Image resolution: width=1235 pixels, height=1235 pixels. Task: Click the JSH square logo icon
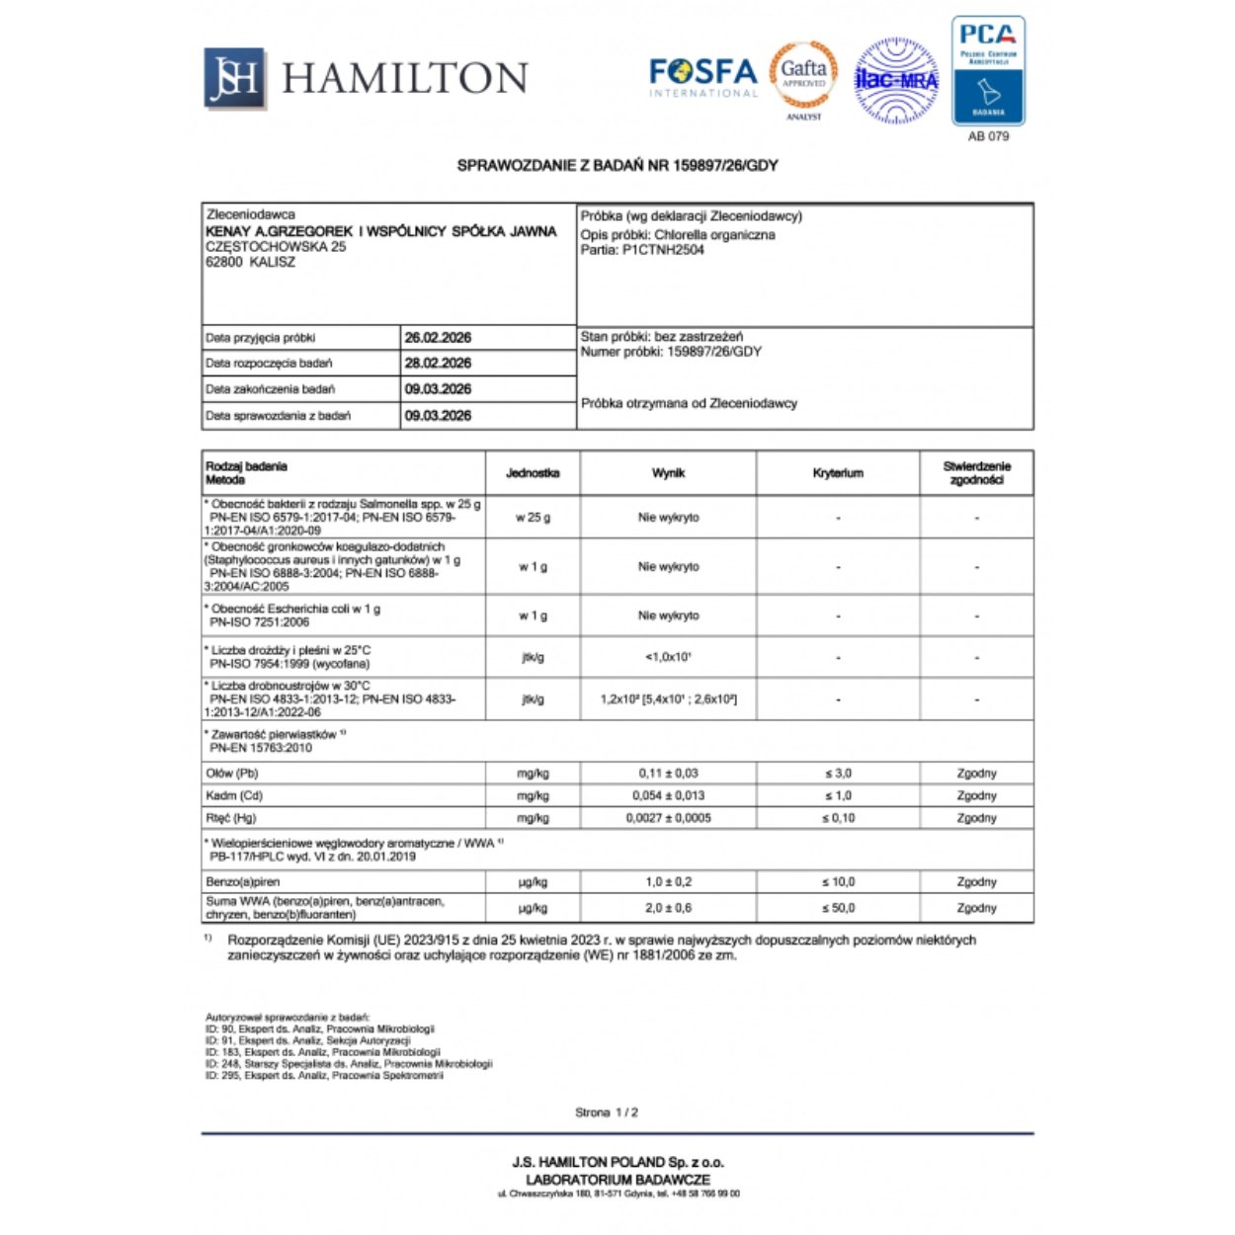pos(234,77)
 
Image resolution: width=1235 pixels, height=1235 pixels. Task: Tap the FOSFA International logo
pos(702,76)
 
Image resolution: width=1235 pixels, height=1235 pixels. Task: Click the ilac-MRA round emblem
pos(895,80)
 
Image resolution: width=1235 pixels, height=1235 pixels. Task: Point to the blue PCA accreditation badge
pos(988,71)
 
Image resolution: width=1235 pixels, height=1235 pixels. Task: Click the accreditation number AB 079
pos(988,136)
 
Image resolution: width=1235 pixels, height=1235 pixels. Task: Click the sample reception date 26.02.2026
pos(438,338)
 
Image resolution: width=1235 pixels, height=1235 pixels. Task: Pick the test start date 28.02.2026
pos(438,364)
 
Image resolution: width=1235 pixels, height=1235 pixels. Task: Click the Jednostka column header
pos(533,473)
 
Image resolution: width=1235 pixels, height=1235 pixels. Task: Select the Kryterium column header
pos(838,473)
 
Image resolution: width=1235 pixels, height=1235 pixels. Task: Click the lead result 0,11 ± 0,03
pos(668,774)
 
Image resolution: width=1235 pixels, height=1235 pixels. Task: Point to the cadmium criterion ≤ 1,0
pos(838,795)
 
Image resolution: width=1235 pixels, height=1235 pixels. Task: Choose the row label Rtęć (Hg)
pos(231,818)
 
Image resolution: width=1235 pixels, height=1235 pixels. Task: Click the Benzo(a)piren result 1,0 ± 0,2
pos(668,882)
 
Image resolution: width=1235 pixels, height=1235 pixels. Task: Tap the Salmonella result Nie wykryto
pos(668,518)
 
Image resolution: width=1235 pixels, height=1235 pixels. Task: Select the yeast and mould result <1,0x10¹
pos(668,657)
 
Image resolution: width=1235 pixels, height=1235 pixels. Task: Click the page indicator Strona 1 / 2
pos(607,1112)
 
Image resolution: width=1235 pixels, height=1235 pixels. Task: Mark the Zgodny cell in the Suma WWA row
pos(976,908)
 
